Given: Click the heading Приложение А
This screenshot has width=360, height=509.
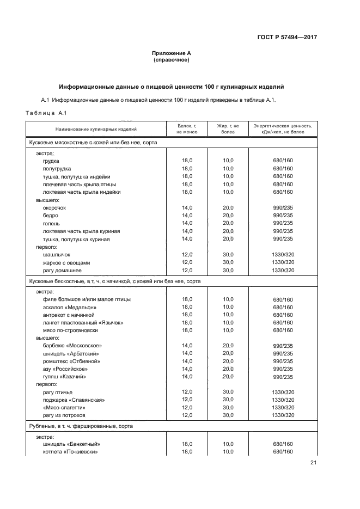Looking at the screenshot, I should click(172, 53).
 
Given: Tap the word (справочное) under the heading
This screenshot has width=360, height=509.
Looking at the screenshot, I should click(172, 60).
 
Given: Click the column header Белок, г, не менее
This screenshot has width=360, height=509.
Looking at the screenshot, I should click(187, 128).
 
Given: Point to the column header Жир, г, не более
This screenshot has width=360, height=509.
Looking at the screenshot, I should click(228, 128).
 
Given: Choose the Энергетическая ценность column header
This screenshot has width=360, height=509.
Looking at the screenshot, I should click(283, 128).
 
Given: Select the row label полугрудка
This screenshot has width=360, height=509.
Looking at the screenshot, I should click(57, 169).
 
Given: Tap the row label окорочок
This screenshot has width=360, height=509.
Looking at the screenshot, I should click(56, 208).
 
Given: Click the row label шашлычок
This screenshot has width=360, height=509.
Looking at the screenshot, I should click(57, 255).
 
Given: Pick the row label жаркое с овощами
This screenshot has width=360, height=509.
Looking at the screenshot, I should click(66, 262).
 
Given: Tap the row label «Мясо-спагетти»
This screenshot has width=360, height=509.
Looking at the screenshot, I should click(64, 408).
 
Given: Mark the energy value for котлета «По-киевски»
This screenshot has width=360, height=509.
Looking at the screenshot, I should click(283, 452).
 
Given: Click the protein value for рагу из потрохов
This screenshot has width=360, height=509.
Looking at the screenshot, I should click(187, 415).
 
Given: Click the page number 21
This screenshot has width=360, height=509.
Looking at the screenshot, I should click(313, 463).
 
